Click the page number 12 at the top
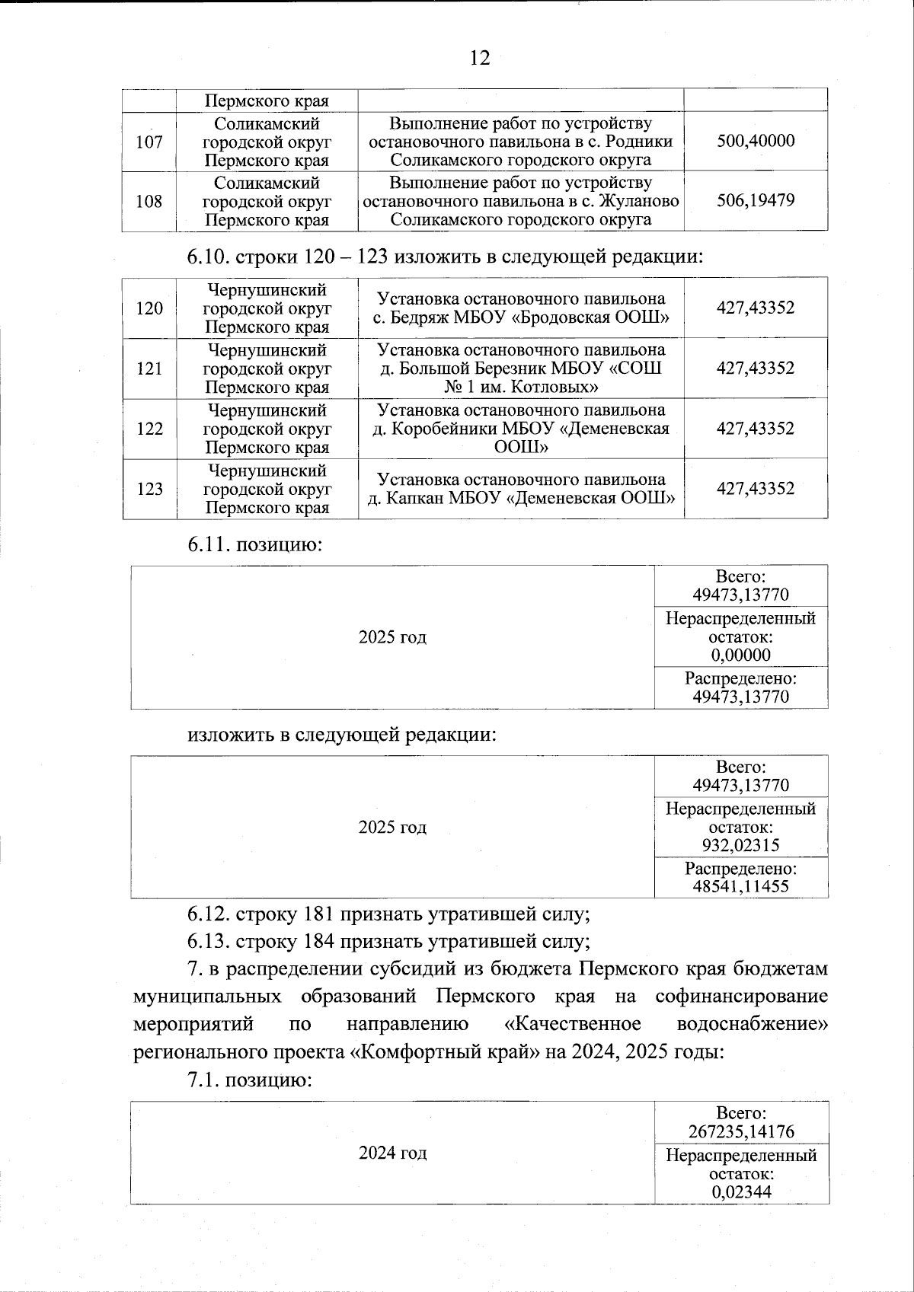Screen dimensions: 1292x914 click(480, 58)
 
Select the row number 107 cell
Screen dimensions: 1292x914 click(149, 142)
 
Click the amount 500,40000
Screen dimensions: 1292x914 click(756, 141)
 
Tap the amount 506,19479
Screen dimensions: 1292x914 click(756, 201)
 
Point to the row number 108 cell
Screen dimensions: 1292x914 click(149, 202)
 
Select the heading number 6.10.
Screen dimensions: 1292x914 click(208, 257)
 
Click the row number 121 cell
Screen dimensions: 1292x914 click(149, 368)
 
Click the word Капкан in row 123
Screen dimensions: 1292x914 click(420, 499)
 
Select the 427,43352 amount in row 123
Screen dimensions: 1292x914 click(756, 489)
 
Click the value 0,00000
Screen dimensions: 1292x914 click(740, 655)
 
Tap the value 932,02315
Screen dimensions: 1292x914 click(740, 845)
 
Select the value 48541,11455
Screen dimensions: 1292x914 click(740, 886)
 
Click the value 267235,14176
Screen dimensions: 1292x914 click(740, 1131)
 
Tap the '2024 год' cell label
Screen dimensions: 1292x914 click(392, 1153)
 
